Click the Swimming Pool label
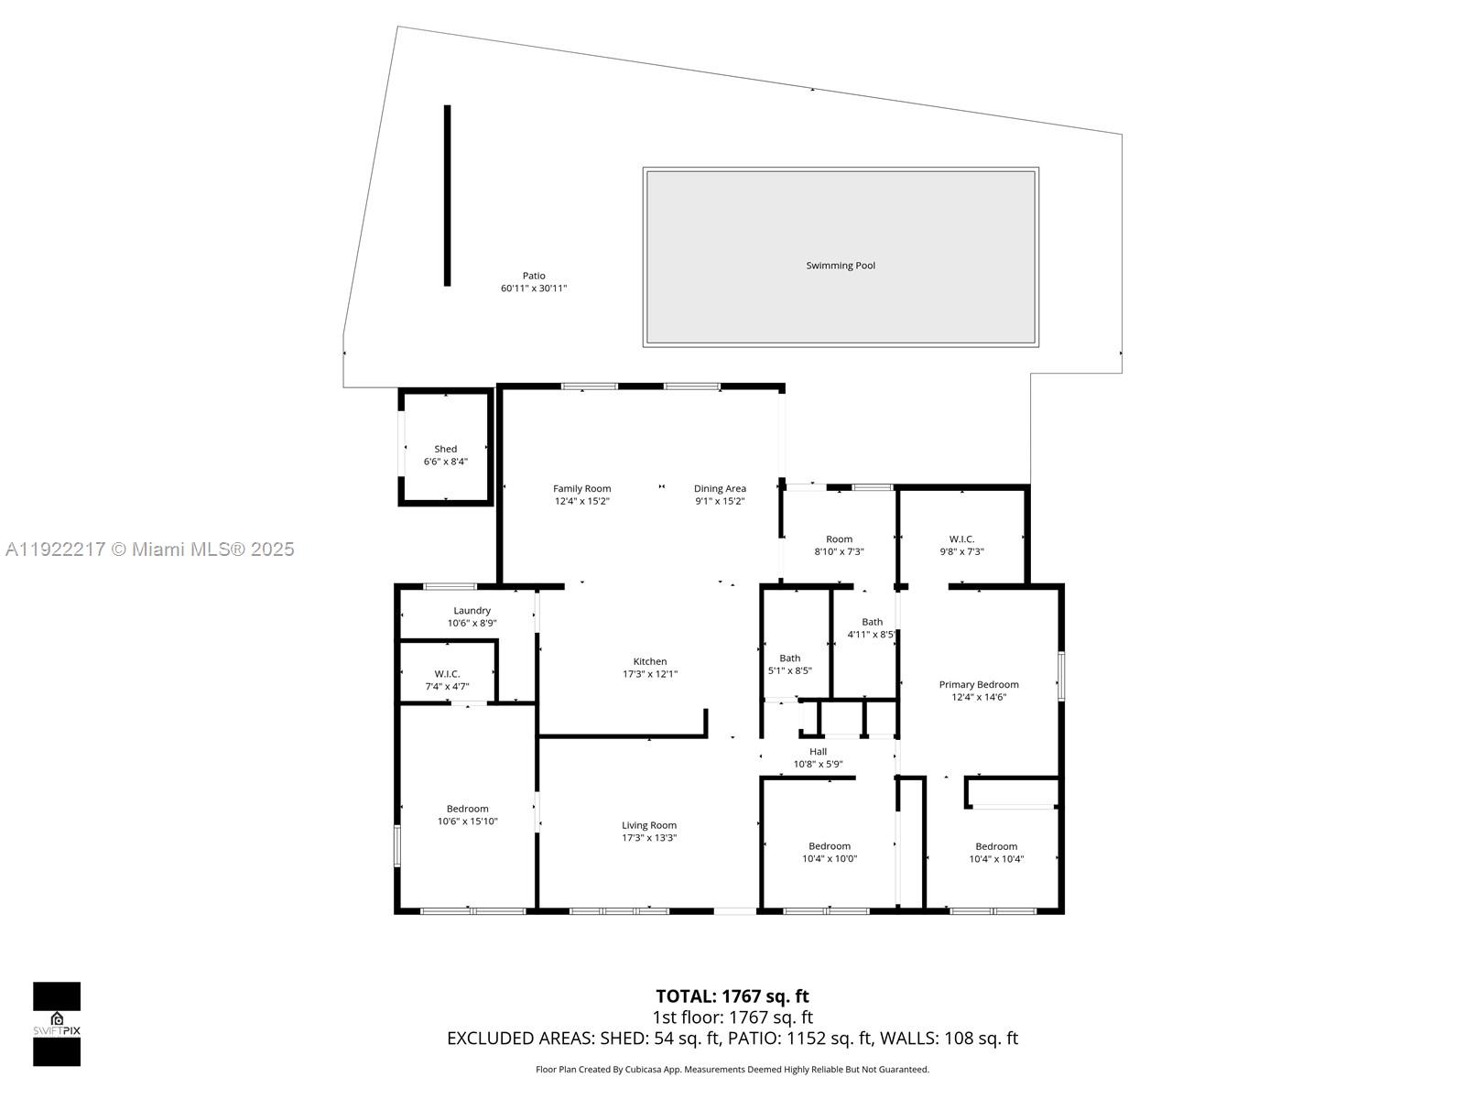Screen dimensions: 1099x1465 tap(840, 266)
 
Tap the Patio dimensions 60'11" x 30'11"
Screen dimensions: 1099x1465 tap(534, 288)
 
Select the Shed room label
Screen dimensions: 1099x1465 tap(445, 449)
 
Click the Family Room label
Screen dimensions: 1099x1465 tap(581, 488)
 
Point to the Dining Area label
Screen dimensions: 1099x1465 tap(720, 488)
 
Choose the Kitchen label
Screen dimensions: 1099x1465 tap(650, 661)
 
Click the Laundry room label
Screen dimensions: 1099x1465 tap(472, 610)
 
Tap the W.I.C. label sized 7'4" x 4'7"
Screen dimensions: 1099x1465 tap(447, 673)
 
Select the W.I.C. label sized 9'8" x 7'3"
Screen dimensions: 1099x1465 tap(961, 539)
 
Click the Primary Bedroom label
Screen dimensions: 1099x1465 tap(978, 684)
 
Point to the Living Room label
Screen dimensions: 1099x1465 tap(649, 825)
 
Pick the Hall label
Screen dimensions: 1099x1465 tap(818, 751)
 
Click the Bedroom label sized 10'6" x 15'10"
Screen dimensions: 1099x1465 tap(467, 809)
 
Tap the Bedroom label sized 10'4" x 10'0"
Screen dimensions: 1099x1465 tap(829, 846)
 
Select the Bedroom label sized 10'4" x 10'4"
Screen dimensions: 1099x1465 tap(996, 846)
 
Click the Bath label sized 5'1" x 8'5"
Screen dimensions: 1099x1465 tap(789, 658)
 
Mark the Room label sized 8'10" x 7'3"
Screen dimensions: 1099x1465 tap(839, 539)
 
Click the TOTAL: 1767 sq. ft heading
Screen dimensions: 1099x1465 tap(732, 996)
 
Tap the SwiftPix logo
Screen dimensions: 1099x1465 tap(57, 1024)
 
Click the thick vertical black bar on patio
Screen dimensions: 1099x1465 tap(447, 195)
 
